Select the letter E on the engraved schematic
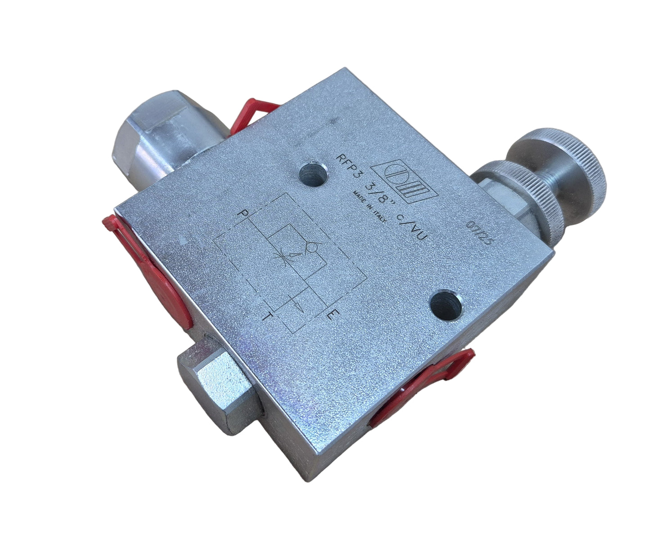click(x=333, y=315)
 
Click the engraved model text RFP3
click(x=348, y=169)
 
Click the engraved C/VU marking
click(x=411, y=227)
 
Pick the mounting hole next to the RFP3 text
click(x=313, y=174)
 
